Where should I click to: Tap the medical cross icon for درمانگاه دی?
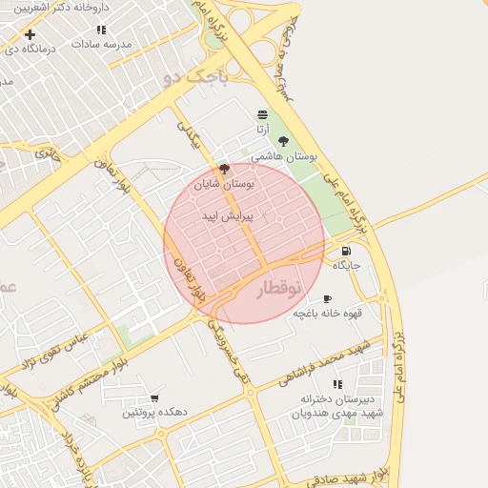30,35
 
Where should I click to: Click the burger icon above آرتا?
262,113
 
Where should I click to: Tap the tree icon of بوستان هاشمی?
283,141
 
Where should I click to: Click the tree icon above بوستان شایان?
224,169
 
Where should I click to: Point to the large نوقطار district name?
266,289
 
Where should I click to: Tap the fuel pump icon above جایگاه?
345,250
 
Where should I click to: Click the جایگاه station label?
345,266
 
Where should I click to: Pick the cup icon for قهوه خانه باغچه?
328,298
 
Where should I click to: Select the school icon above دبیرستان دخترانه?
337,384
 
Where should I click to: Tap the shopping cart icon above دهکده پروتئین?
154,397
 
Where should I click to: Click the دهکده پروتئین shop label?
148,414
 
